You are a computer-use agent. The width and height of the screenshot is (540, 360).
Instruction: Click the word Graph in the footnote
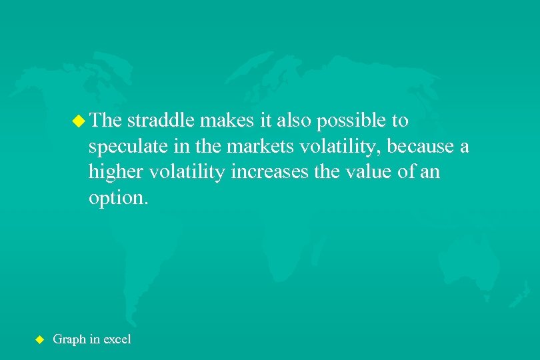68,339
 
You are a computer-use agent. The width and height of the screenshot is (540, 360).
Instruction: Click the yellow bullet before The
79,121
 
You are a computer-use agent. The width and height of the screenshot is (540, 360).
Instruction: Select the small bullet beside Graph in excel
38,339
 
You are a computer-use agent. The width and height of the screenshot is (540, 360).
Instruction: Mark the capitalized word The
105,121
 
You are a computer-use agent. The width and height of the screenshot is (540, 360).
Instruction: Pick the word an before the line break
430,172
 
